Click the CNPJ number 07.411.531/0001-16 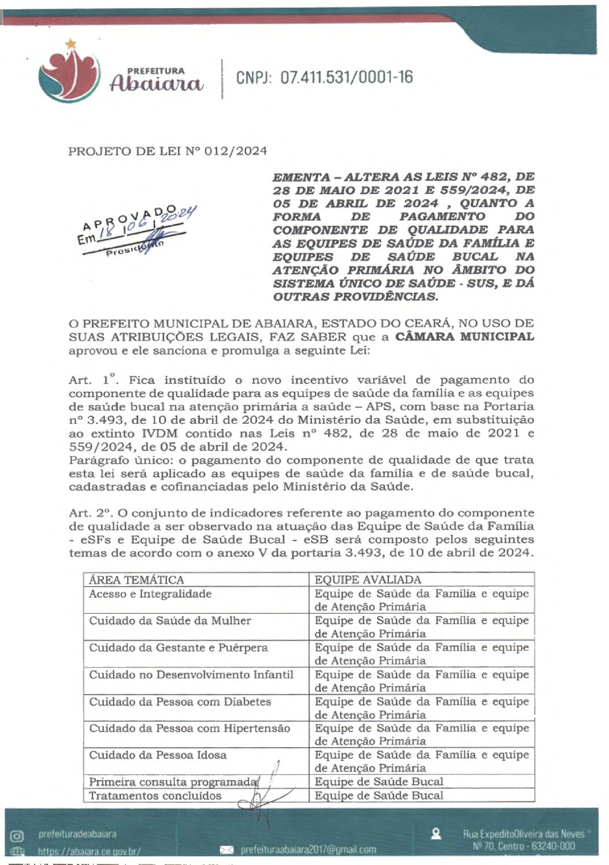346,77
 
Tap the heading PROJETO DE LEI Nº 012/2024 168,151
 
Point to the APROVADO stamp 136,231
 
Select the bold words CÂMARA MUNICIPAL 465,337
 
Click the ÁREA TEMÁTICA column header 136,580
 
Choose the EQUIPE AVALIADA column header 367,580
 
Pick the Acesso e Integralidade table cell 150,594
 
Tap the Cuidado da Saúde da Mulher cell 170,621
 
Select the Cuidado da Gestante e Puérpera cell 178,648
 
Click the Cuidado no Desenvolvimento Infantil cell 191,674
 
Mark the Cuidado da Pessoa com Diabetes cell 180,702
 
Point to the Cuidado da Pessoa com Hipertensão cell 189,728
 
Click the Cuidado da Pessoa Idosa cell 157,755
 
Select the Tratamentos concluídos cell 155,796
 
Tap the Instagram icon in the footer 18,835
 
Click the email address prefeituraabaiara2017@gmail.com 308,849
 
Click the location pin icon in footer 436,833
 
